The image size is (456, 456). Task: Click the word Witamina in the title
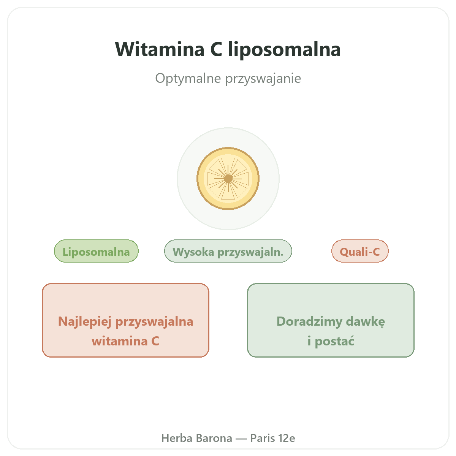160,49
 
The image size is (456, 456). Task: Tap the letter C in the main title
216,49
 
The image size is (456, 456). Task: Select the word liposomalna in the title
284,50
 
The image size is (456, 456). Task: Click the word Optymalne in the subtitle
188,79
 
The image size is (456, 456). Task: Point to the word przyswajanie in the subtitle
263,79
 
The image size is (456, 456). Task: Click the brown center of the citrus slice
228,179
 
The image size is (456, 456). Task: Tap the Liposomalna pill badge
96,251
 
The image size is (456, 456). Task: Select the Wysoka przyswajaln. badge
228,251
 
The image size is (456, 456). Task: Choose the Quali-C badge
360,251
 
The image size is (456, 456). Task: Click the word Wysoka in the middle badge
193,252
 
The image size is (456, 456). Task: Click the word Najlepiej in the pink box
85,321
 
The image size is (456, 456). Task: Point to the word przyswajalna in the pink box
154,322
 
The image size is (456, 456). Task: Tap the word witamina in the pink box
119,341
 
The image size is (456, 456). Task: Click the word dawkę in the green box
366,321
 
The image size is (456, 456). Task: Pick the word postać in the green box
334,341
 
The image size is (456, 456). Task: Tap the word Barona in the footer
214,438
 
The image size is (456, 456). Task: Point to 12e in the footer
287,438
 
